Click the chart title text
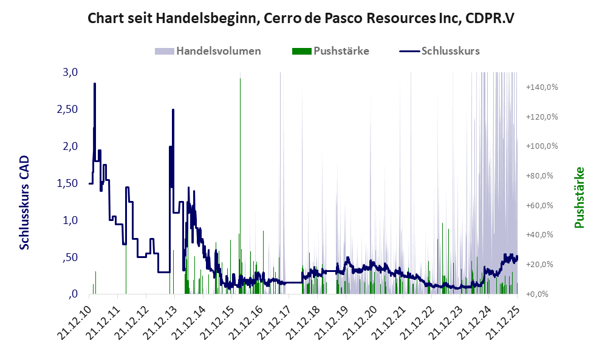pos(301,18)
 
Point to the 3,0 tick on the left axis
pos(70,73)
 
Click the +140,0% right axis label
pos(542,87)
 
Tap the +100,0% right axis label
pos(542,146)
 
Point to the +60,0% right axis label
pos(542,205)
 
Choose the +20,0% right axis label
pos(542,265)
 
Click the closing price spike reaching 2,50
pos(173,111)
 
